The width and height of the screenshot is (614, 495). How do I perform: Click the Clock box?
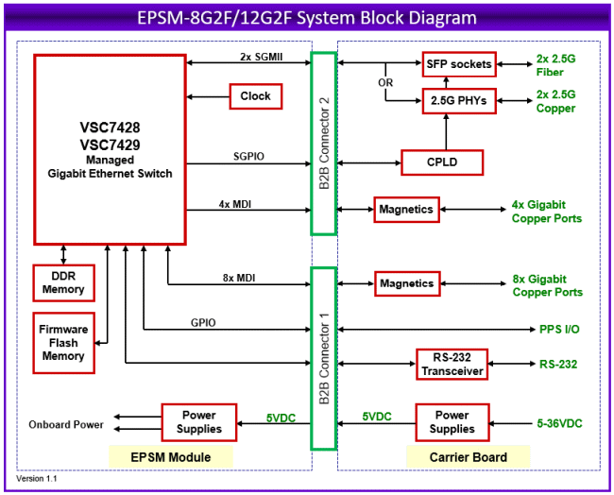255,96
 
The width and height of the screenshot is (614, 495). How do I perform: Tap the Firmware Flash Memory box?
63,343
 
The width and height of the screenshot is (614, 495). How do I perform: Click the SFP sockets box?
458,64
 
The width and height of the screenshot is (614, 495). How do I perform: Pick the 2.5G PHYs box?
458,100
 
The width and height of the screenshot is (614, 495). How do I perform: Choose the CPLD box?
442,162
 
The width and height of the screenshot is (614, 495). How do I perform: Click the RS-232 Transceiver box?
452,364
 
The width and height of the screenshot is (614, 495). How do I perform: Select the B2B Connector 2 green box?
323,144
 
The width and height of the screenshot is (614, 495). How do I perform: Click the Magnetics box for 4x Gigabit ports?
406,209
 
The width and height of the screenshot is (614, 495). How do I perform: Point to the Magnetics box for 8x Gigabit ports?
406,283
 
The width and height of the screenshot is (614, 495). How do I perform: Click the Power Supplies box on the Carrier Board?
451,421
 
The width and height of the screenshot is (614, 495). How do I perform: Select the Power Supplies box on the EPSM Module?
199,421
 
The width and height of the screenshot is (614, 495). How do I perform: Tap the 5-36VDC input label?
557,422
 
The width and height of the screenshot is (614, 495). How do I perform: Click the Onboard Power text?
66,424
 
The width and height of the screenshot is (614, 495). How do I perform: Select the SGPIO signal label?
247,156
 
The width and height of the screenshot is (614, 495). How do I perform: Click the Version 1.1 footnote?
37,479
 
